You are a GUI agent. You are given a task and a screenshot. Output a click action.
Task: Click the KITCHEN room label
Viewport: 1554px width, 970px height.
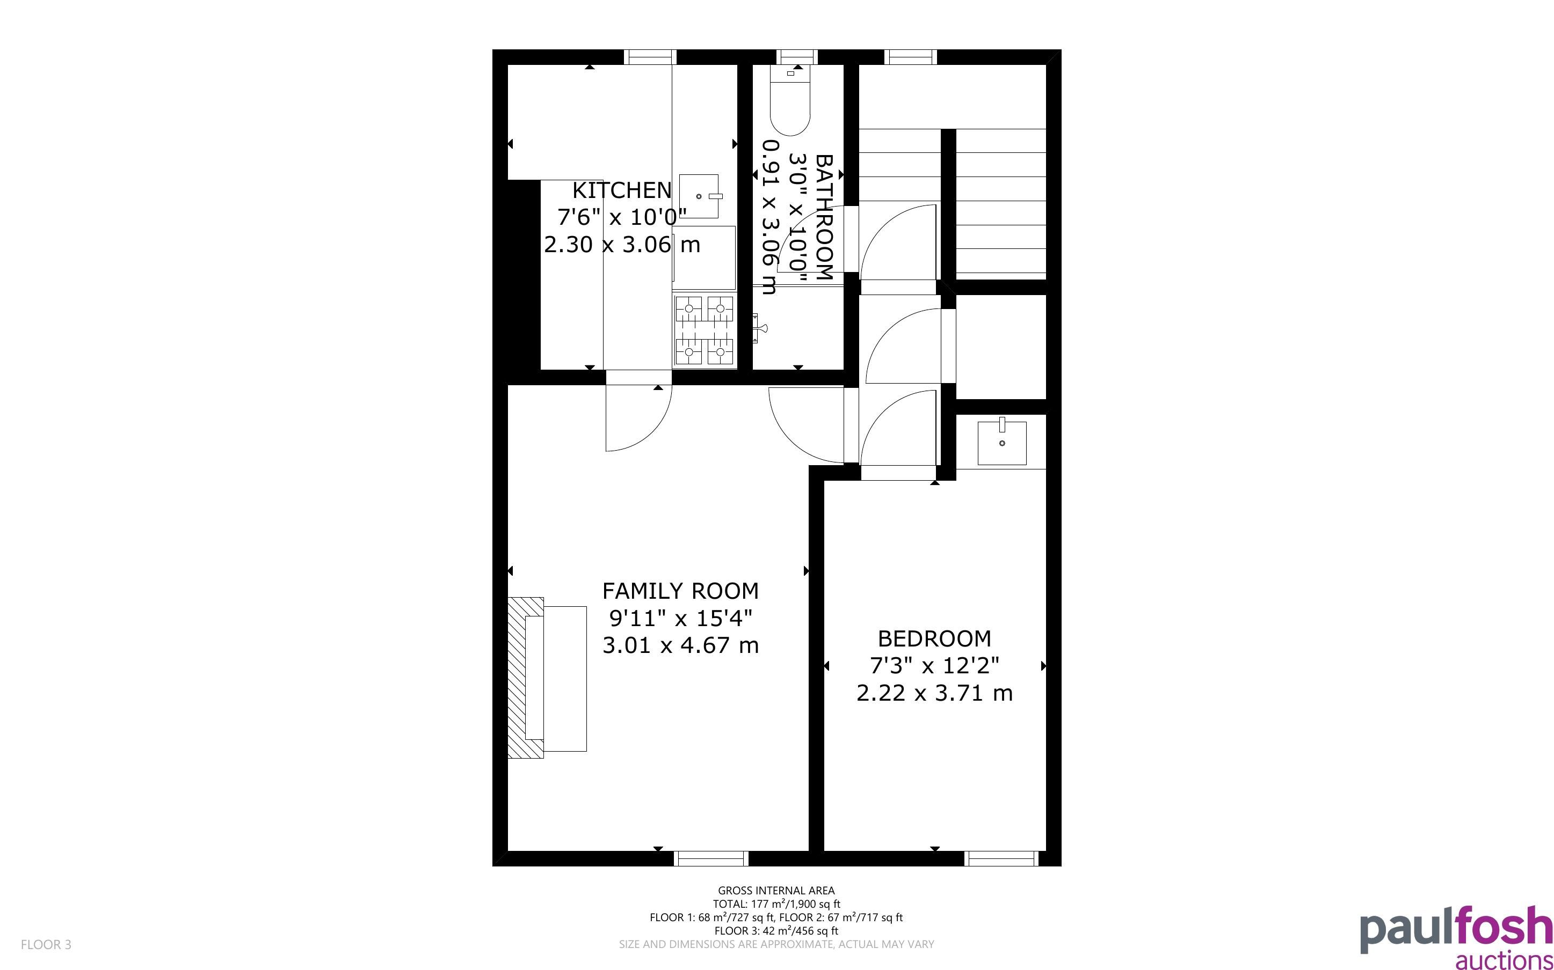(x=621, y=190)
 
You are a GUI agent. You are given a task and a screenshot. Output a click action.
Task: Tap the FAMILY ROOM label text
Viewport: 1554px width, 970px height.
(x=680, y=590)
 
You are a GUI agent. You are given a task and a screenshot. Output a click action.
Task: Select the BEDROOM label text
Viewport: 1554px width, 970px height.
(x=934, y=638)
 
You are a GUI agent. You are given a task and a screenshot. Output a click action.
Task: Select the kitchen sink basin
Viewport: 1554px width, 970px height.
(x=699, y=196)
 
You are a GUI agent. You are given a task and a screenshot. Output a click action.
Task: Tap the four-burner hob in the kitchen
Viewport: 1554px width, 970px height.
(x=704, y=330)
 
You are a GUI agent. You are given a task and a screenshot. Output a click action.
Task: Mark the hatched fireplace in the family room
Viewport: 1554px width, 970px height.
(x=526, y=678)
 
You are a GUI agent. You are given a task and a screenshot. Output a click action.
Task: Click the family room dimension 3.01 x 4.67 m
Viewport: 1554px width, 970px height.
(x=680, y=645)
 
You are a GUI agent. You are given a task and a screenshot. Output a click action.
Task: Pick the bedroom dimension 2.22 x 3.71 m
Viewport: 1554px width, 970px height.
(x=934, y=694)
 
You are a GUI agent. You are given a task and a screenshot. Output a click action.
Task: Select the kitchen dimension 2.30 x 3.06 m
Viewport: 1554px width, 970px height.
(x=622, y=245)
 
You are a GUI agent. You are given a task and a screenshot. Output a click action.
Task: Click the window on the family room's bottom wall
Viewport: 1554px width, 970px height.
(x=711, y=858)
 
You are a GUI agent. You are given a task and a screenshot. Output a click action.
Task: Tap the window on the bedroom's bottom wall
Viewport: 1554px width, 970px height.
(x=1001, y=858)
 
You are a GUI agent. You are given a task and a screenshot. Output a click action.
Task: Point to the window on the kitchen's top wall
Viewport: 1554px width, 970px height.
(x=650, y=57)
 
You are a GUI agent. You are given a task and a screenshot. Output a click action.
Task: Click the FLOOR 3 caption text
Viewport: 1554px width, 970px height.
(x=46, y=944)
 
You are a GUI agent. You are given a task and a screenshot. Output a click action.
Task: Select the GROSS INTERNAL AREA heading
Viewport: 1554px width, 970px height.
(x=776, y=891)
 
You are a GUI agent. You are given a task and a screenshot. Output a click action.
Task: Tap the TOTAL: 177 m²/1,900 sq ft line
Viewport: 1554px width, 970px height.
(x=776, y=904)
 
